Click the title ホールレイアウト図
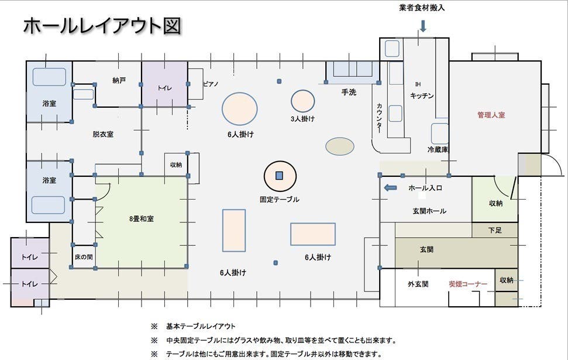tap(102, 26)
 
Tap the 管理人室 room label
tap(491, 115)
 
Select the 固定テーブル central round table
tap(280, 176)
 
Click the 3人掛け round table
tap(303, 101)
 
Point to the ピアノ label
tap(211, 84)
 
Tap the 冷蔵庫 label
tap(438, 150)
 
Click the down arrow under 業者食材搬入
tap(423, 26)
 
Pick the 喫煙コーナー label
tap(467, 284)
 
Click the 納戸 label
tap(119, 80)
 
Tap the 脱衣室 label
tap(103, 134)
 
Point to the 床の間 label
tap(84, 257)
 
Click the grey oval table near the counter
tap(340, 146)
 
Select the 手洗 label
tap(349, 92)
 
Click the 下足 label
tap(494, 231)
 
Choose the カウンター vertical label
tap(380, 118)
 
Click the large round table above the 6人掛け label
tap(240, 109)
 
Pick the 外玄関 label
tap(418, 284)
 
